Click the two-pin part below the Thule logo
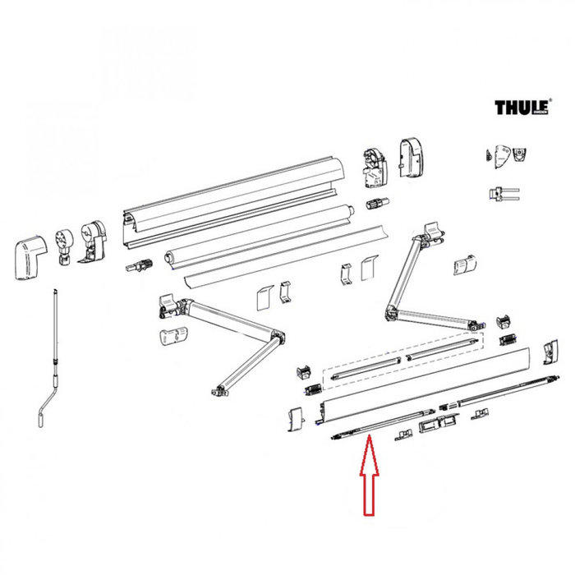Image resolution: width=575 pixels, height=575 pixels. pos(502,194)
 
